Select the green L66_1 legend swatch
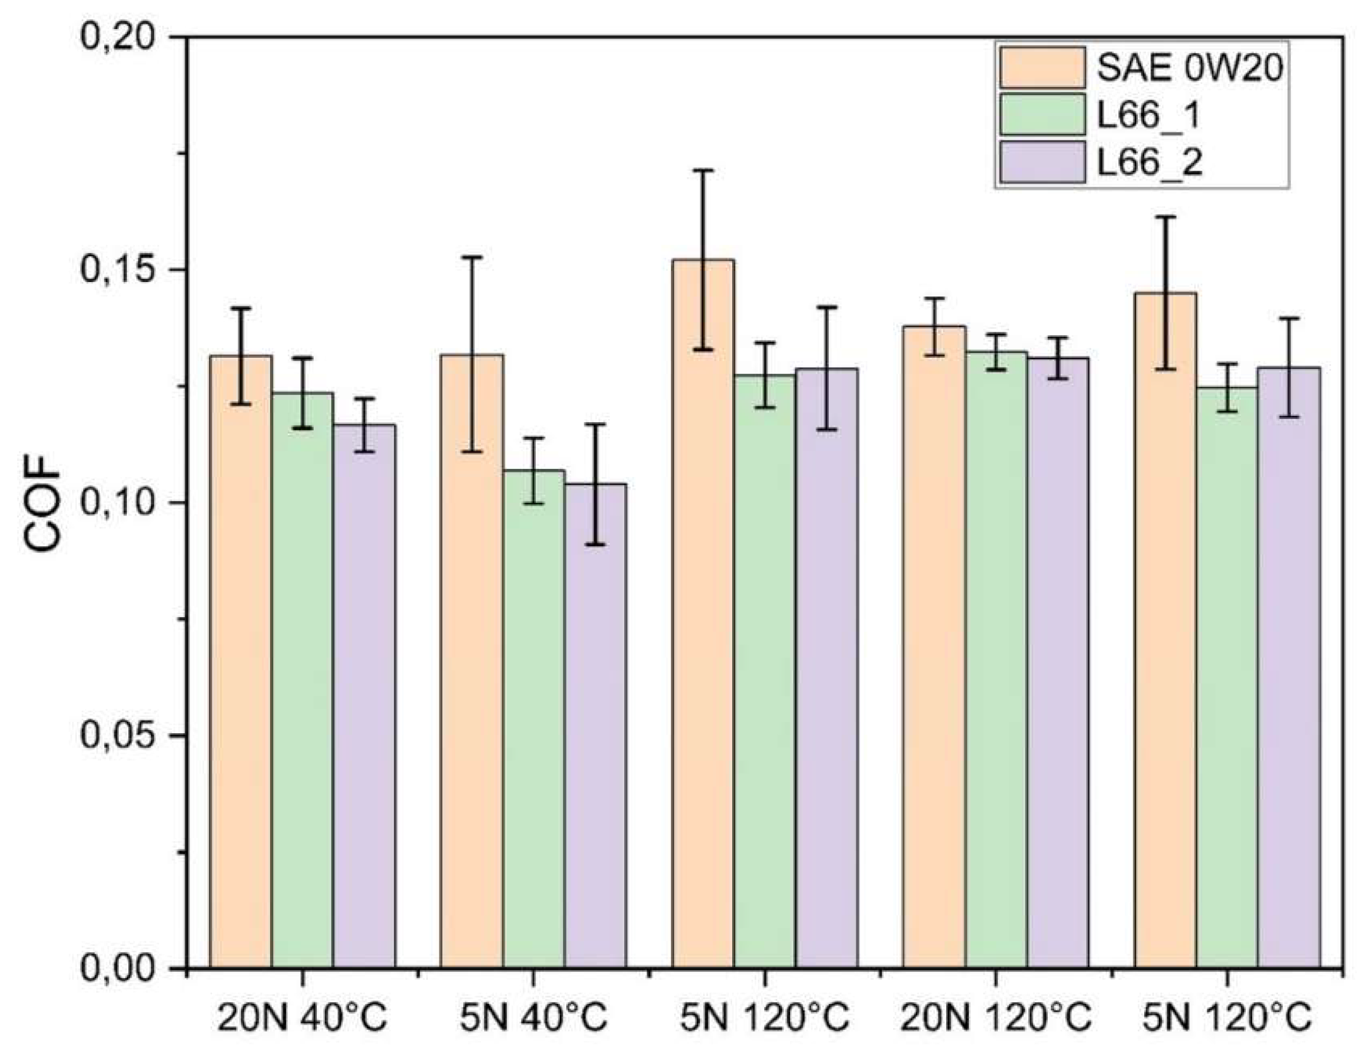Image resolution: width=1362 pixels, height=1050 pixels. pos(1041,114)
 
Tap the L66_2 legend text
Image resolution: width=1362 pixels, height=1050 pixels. pos(1149,162)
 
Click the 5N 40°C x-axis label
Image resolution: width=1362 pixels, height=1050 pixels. pos(533,1017)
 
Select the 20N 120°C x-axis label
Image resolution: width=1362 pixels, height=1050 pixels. pos(995,1017)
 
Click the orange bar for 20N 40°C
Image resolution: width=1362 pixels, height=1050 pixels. pos(240,663)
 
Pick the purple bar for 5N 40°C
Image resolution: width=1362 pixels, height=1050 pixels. pos(595,726)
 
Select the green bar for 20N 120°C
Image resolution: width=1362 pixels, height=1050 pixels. pos(996,659)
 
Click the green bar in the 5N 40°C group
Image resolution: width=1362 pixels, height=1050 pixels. pos(534,719)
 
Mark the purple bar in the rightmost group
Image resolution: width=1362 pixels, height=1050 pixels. pos(1288,669)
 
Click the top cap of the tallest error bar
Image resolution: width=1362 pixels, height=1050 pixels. pos(702,170)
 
